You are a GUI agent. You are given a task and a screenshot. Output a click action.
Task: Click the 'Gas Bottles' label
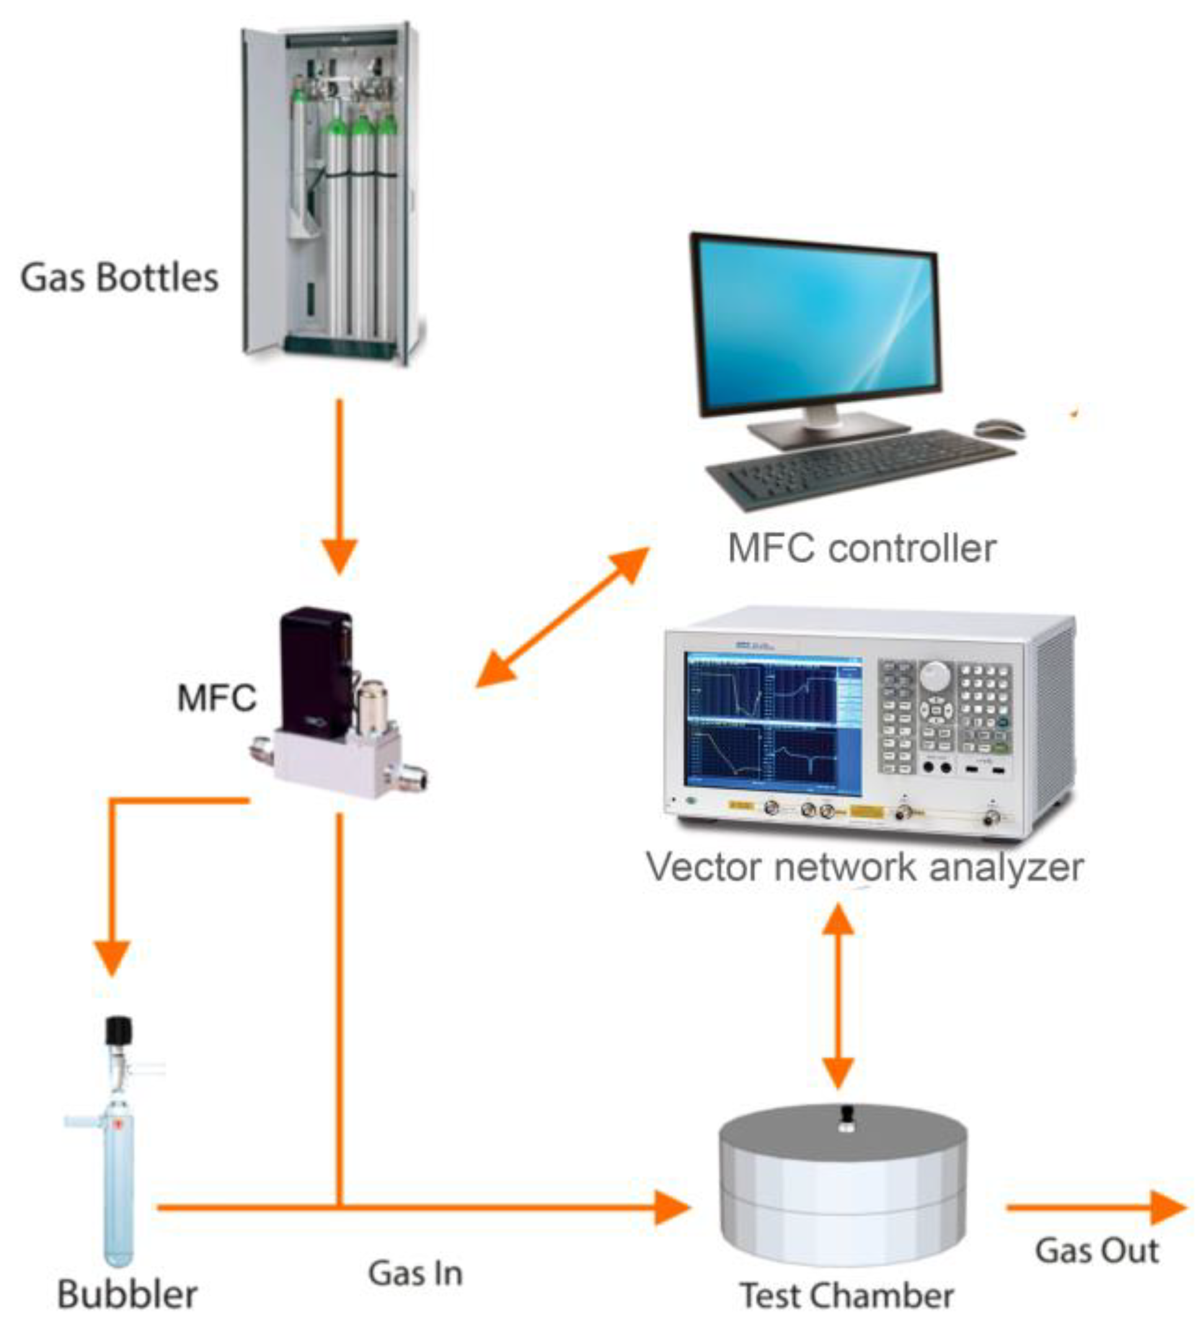coord(119,277)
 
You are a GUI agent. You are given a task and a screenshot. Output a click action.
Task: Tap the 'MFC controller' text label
coord(861,548)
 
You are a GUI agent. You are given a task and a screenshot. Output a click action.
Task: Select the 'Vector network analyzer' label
coord(864,867)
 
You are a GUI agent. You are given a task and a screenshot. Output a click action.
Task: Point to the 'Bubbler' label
coord(127,1294)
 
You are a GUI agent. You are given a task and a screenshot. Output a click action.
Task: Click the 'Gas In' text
coord(415,1273)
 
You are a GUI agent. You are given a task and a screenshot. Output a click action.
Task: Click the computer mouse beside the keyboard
coord(999,428)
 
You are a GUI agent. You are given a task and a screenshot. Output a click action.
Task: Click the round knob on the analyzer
coord(935,674)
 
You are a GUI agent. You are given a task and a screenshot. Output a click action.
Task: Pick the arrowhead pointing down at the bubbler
coord(112,956)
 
